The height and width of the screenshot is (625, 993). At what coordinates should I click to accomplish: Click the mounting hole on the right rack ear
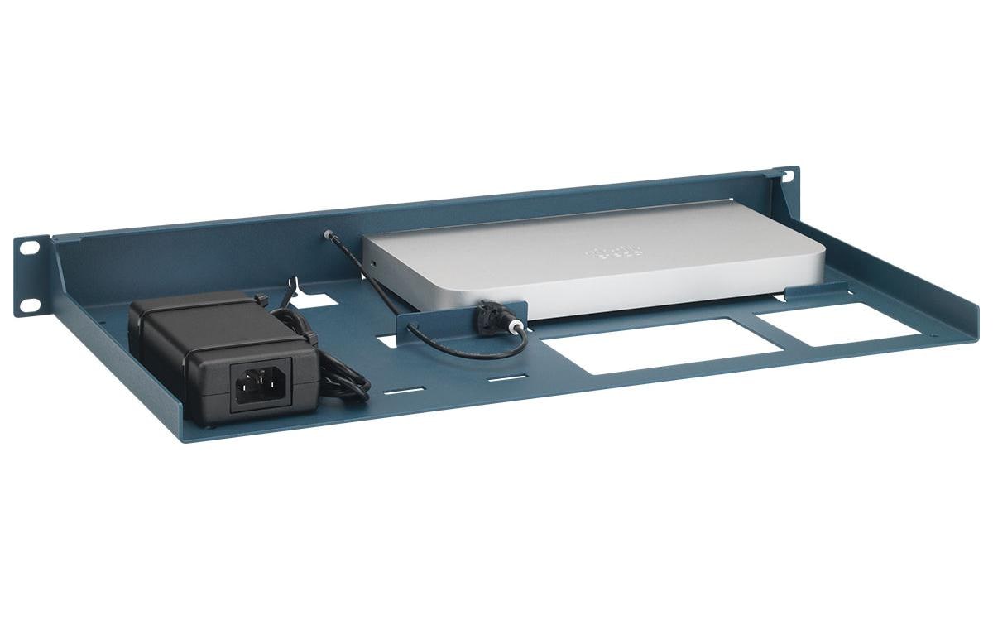pos(787,175)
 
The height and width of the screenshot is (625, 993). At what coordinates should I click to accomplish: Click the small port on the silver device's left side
pos(374,265)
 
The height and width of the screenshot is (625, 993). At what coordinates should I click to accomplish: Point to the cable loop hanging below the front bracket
pos(463,343)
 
